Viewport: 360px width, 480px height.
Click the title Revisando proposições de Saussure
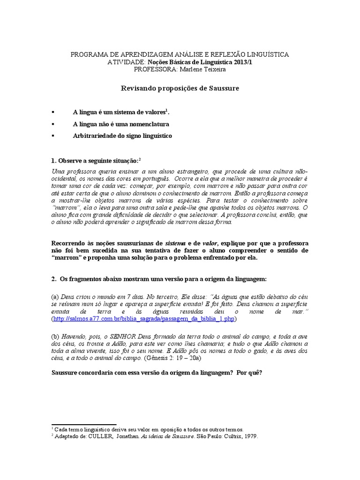[180, 88]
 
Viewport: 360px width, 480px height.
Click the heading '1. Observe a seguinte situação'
[94, 160]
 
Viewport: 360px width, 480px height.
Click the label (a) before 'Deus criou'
[55, 297]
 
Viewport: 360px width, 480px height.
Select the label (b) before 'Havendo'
[55, 336]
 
